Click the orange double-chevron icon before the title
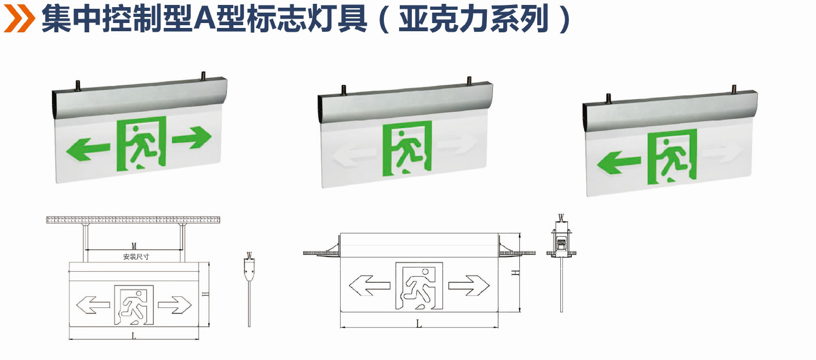(20, 19)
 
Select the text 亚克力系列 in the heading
(473, 20)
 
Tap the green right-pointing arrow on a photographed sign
(192, 136)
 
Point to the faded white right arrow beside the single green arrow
(721, 155)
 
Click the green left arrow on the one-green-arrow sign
(618, 162)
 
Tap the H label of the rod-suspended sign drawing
(204, 294)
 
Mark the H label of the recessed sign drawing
(515, 272)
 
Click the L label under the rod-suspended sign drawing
(134, 336)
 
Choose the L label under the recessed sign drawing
(419, 324)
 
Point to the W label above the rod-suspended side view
(249, 255)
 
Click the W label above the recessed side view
(560, 217)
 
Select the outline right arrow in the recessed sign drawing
(468, 285)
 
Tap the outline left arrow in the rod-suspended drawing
(93, 306)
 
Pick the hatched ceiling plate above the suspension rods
(134, 220)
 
